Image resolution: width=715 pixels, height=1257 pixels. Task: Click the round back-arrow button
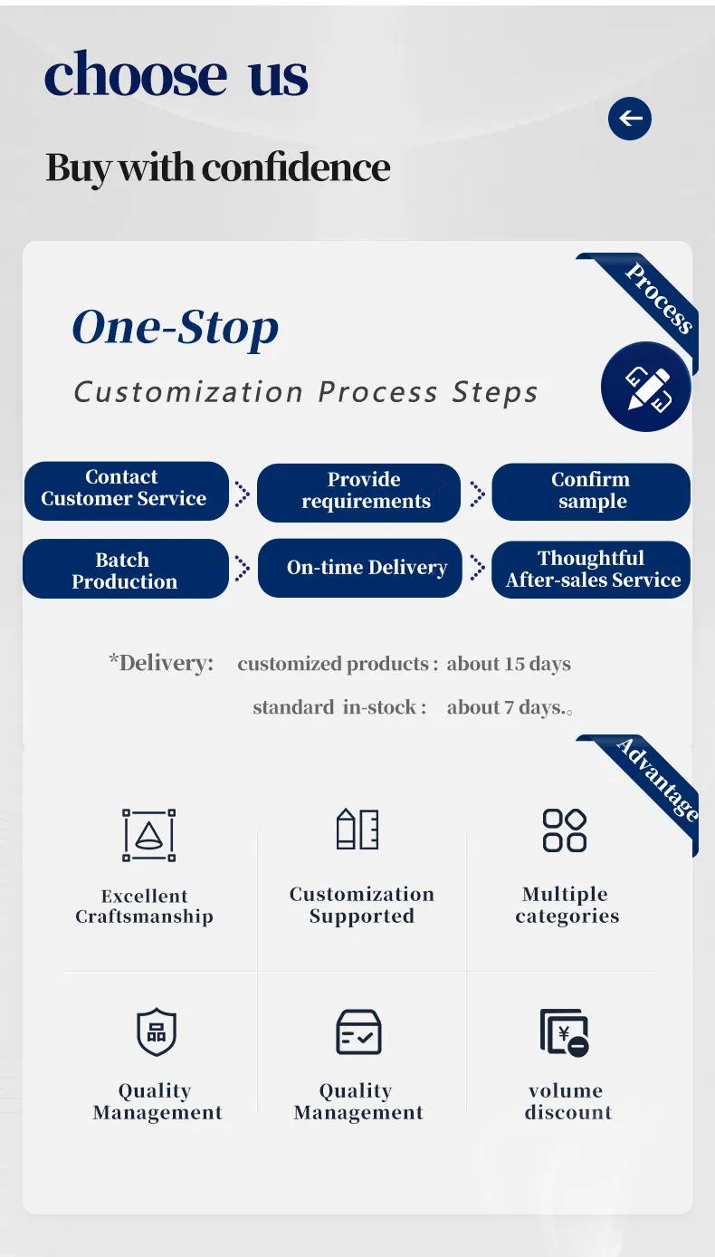(630, 119)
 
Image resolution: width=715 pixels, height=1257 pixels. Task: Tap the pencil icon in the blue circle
(646, 388)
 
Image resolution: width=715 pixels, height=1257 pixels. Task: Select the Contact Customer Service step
(126, 490)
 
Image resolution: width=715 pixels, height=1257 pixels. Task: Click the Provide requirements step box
(359, 492)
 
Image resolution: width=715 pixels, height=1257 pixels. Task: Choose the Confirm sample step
(591, 492)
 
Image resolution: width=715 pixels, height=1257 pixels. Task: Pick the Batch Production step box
(126, 570)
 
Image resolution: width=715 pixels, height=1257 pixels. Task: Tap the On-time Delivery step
(359, 568)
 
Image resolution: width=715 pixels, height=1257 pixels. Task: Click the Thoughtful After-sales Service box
(591, 570)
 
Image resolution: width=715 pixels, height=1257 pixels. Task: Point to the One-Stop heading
(176, 328)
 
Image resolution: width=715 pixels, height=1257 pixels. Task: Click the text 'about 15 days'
(509, 664)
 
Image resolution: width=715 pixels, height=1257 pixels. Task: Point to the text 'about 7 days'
(505, 707)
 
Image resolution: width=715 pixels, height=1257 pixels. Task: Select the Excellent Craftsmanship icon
(148, 835)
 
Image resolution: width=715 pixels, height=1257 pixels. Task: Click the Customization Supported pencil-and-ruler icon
(357, 829)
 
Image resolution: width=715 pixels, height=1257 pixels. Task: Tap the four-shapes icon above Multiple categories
(565, 830)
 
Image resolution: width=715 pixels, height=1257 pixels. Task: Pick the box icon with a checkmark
(358, 1032)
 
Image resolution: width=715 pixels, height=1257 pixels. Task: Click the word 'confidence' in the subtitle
(296, 168)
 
